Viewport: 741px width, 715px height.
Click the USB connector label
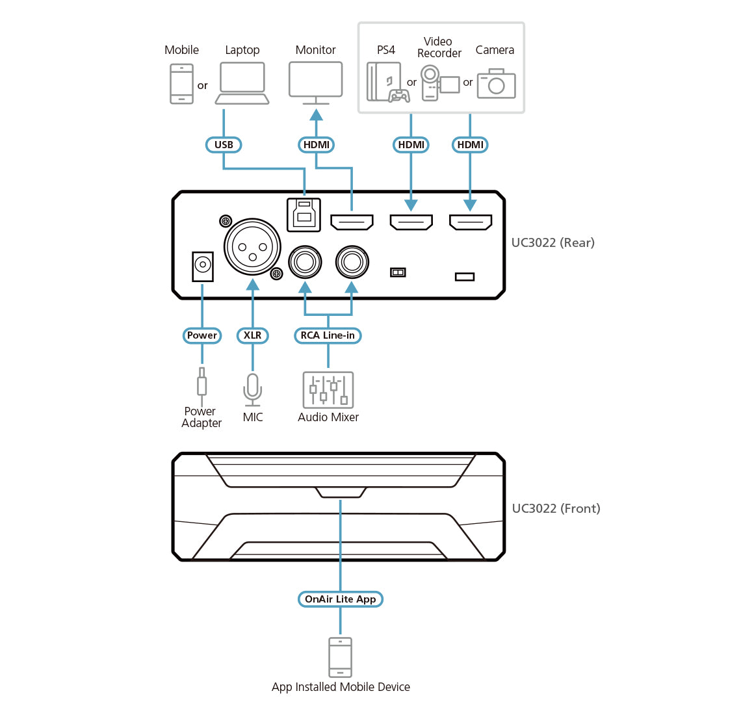pos(224,145)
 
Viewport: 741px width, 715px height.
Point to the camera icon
pos(496,84)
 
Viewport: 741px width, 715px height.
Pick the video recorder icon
pos(438,83)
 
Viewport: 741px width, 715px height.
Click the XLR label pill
pos(253,335)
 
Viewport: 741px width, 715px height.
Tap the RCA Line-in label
pos(328,335)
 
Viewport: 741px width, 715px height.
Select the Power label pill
pos(202,335)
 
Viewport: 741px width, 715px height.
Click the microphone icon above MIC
pos(253,388)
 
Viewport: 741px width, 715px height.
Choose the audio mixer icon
pos(328,390)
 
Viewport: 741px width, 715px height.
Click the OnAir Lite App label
pos(340,599)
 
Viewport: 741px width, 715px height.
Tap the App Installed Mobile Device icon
pos(341,657)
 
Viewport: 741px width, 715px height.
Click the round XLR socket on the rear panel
pos(252,247)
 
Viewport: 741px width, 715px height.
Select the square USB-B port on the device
pos(304,214)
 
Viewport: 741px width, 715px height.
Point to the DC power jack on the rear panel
pos(203,265)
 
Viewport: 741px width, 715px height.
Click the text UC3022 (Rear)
pos(552,243)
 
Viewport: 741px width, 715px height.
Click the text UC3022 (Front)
pos(556,508)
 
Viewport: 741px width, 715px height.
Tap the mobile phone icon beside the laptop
pos(181,84)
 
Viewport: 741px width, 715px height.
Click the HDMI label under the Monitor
pos(317,145)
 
